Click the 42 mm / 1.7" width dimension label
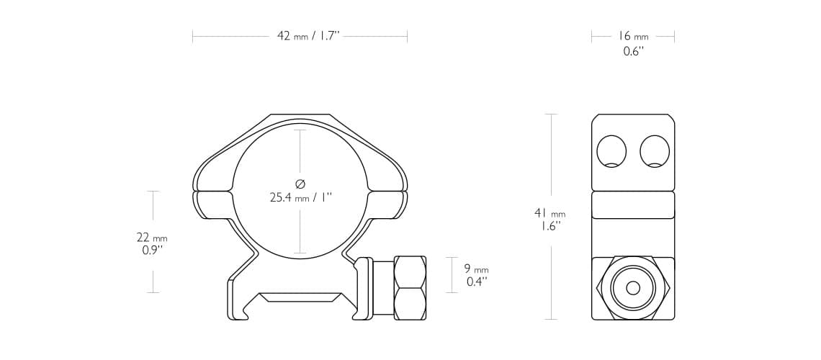point(308,37)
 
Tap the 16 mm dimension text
point(633,36)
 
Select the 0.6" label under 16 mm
point(633,51)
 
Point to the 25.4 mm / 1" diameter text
point(301,197)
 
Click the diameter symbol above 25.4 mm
point(300,184)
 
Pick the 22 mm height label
point(152,238)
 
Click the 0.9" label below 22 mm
point(152,251)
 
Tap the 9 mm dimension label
point(476,269)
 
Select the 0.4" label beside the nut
point(477,282)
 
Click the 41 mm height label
point(549,213)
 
